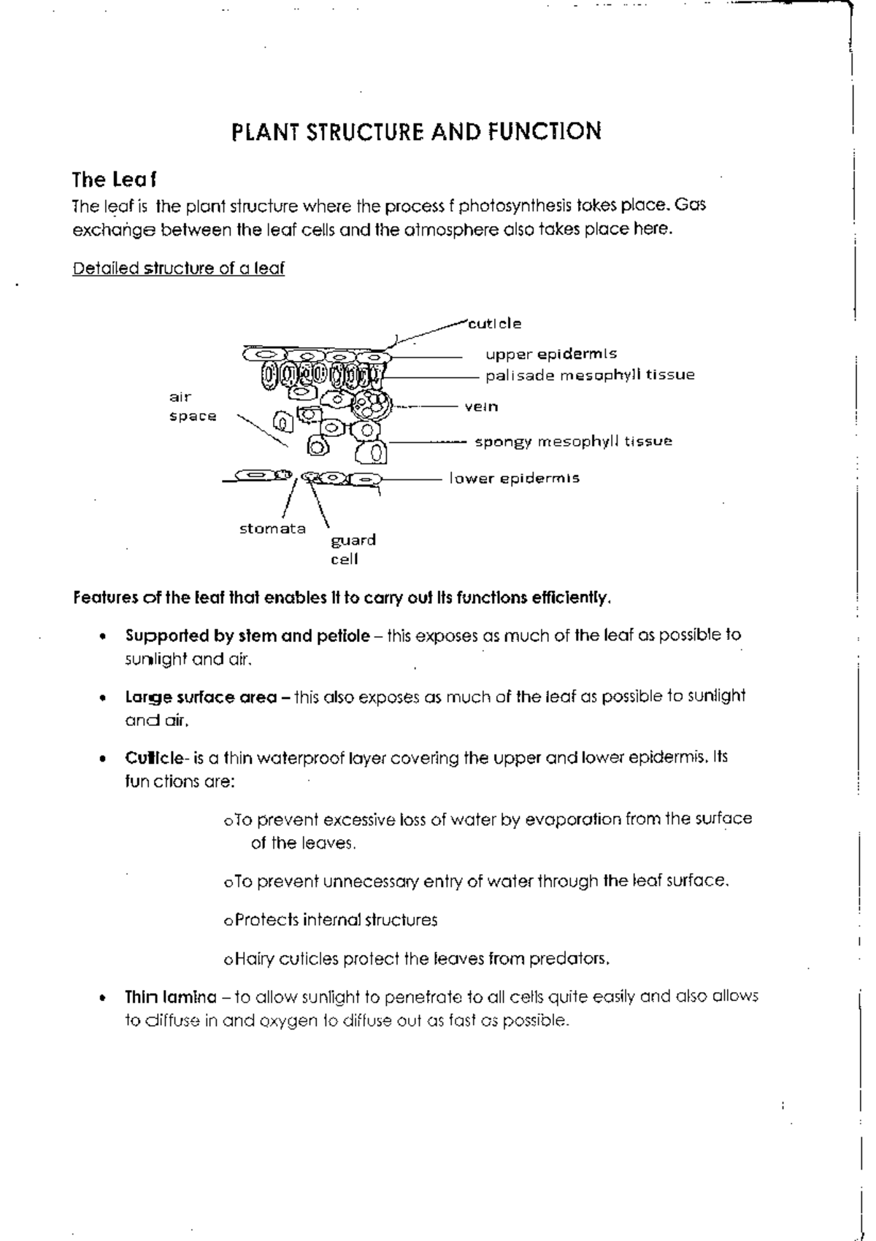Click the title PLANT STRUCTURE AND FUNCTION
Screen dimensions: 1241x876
pos(416,132)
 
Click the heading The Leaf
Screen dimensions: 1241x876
pos(114,179)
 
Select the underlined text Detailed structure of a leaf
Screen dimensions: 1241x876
pos(178,268)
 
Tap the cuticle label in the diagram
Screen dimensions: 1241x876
pos(495,323)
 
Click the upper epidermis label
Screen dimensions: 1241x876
pos(551,354)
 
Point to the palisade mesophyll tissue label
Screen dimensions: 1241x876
pos(590,375)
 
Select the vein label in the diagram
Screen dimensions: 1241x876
pos(481,406)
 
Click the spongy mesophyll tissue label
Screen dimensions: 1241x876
pos(573,441)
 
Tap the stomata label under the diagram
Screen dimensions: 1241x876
pos(272,529)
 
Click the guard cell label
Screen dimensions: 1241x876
pos(353,549)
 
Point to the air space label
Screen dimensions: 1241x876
pos(192,407)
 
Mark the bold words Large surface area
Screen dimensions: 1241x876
pos(201,697)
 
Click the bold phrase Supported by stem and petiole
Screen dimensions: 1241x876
pos(247,635)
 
